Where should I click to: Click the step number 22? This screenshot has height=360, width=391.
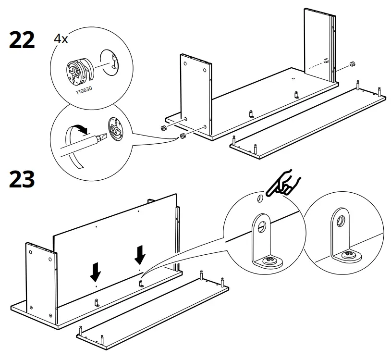[22, 40]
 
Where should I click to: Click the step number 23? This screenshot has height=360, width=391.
[22, 179]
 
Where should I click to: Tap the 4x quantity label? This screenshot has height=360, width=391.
[61, 39]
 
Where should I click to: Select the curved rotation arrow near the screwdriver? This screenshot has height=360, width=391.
[79, 128]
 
